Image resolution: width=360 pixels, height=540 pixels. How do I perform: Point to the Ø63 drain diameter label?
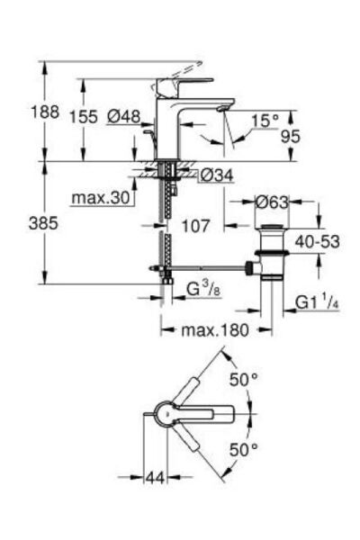[x=272, y=202]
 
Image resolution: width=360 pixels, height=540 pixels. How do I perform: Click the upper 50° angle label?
[x=245, y=380]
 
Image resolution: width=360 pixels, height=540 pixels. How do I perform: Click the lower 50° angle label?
[x=245, y=447]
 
